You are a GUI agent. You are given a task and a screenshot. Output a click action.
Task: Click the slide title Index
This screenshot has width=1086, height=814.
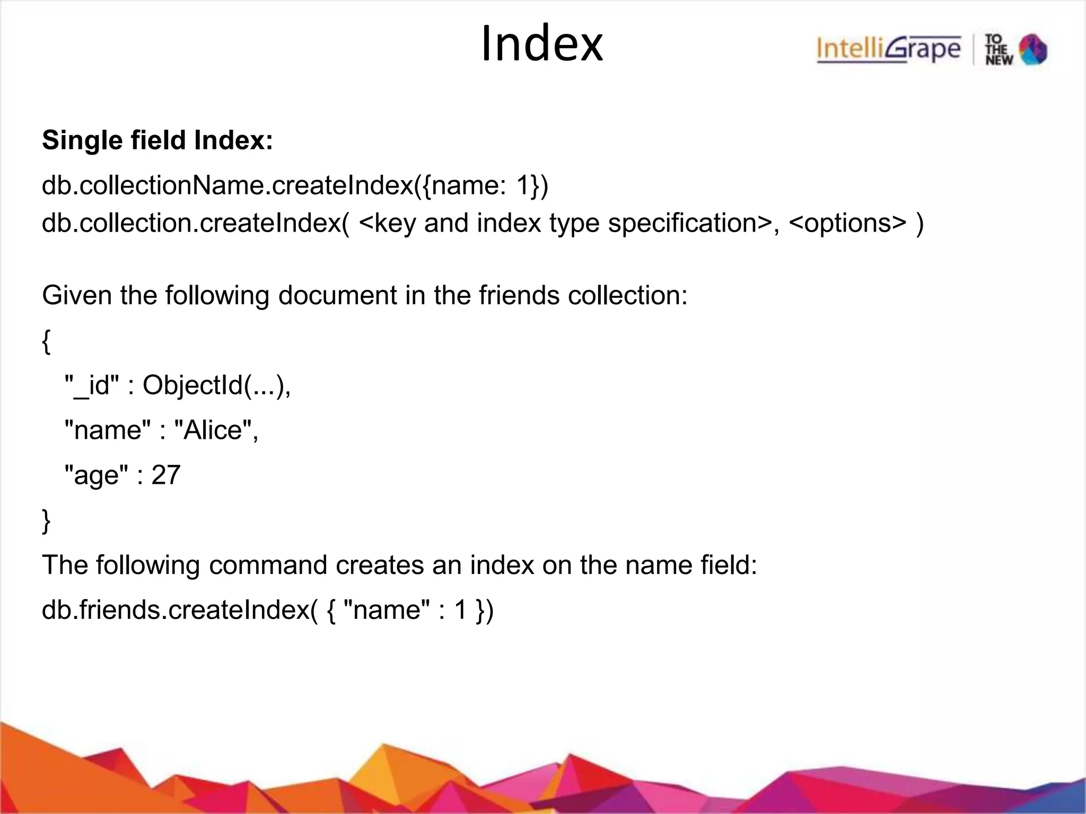(541, 45)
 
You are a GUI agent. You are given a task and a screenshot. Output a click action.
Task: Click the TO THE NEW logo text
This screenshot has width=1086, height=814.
(999, 50)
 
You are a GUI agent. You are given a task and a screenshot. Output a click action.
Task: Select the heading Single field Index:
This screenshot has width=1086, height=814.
(157, 141)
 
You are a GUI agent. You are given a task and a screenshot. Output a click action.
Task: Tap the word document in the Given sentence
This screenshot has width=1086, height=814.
(337, 295)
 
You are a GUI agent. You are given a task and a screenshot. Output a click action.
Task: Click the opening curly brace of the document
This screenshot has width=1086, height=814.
(46, 341)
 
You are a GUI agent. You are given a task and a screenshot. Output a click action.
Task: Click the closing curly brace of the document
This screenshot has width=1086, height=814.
(46, 520)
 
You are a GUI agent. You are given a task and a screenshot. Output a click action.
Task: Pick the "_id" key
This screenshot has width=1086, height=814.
(91, 385)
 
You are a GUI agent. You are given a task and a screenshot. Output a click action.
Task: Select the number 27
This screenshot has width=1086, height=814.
(166, 475)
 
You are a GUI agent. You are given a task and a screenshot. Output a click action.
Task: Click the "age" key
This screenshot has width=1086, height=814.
(96, 475)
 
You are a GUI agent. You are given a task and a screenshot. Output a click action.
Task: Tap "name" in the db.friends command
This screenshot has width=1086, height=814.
(387, 610)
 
